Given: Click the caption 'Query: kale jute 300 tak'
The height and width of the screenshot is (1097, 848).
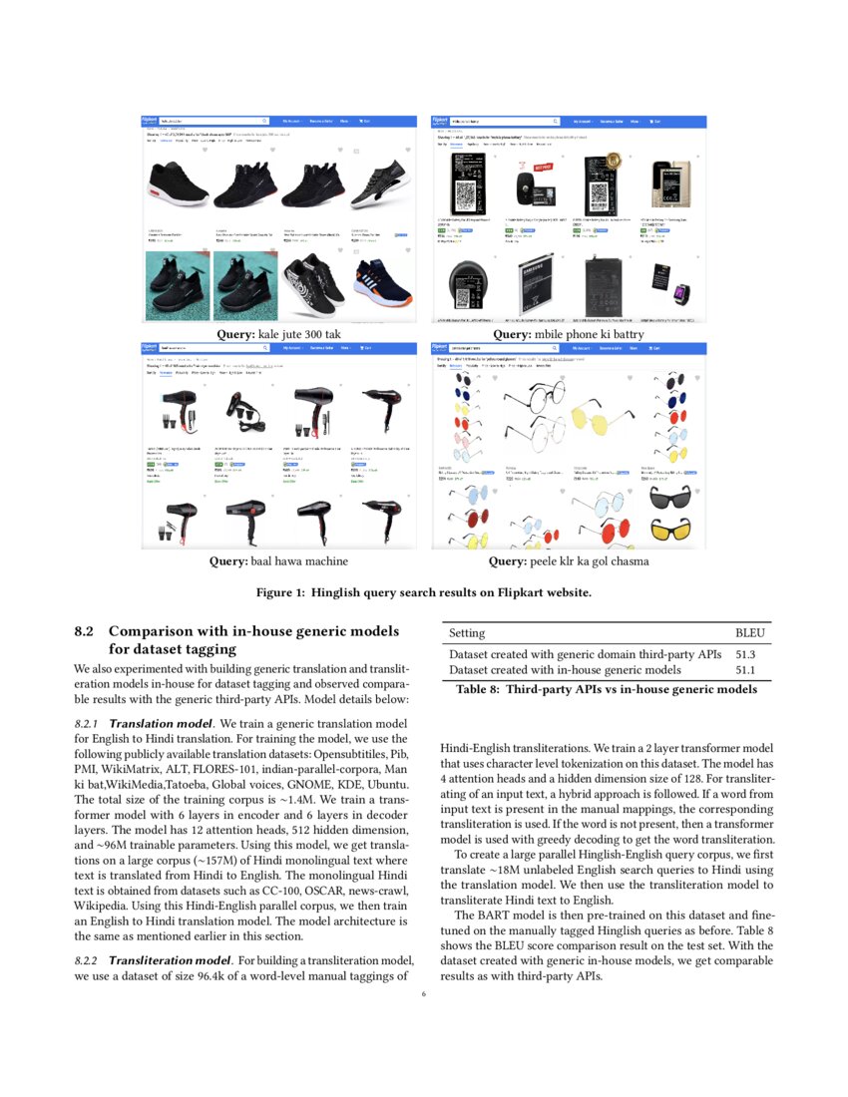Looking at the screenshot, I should (279, 334).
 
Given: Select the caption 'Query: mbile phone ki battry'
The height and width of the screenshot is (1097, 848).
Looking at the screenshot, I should (569, 334).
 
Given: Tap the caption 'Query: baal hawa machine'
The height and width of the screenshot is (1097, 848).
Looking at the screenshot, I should (278, 561).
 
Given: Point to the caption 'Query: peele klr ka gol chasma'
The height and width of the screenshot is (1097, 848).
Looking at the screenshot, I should (569, 561).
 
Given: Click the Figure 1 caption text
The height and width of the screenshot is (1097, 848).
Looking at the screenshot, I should (424, 591).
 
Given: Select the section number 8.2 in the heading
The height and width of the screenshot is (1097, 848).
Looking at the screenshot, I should (84, 631).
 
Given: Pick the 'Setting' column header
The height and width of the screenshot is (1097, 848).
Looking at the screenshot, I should (467, 633).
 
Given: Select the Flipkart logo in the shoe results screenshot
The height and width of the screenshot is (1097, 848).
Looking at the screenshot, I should (151, 121).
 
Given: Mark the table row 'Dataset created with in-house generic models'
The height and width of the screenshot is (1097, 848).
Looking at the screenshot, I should (565, 670).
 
